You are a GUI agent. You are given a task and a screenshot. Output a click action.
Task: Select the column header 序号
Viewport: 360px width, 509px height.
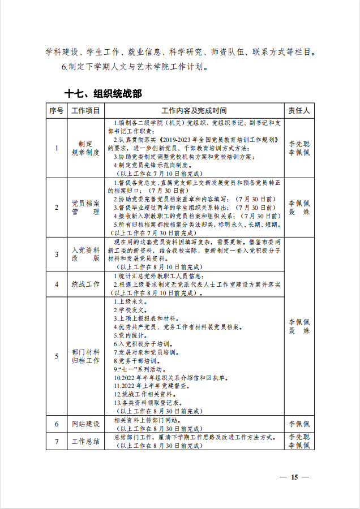pyautogui.click(x=57, y=110)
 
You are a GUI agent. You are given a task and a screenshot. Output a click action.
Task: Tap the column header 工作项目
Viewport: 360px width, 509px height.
pyautogui.click(x=85, y=110)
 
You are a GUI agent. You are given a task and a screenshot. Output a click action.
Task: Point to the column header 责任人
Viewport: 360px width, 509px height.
pyautogui.click(x=299, y=110)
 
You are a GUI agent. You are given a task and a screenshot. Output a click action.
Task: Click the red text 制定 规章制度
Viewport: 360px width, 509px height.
pyautogui.click(x=85, y=148)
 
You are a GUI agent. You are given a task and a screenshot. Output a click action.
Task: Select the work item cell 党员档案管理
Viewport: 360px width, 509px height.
pyautogui.click(x=85, y=207)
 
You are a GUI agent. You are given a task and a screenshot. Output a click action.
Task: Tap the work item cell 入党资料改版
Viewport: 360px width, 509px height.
pyautogui.click(x=85, y=254)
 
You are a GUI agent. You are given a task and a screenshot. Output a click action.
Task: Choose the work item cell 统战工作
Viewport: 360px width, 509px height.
pyautogui.click(x=85, y=284)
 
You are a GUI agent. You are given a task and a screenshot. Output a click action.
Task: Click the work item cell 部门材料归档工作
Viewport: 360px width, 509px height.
pyautogui.click(x=85, y=356)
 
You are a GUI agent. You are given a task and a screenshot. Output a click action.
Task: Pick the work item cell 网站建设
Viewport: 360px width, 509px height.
pyautogui.click(x=85, y=424)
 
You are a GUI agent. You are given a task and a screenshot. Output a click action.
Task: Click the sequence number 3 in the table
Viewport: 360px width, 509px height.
pyautogui.click(x=57, y=254)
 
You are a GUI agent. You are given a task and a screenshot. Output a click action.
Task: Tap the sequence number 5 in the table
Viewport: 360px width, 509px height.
pyautogui.click(x=57, y=356)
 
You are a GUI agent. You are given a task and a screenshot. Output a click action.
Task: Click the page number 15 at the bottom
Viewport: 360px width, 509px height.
pyautogui.click(x=294, y=477)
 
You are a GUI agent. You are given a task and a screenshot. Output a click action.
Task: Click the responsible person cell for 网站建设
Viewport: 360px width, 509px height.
pyautogui.click(x=299, y=424)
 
